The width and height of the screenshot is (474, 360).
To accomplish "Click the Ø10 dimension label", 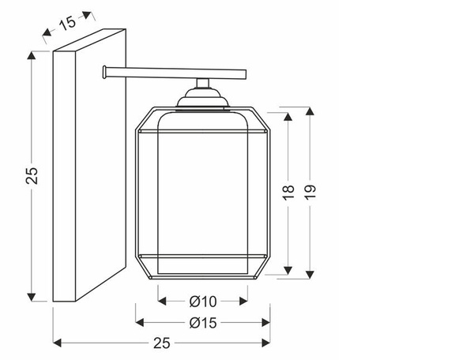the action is (203, 302).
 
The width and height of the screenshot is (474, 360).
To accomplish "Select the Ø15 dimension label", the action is (203, 323).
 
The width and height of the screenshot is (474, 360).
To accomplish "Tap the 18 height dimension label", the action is (288, 193).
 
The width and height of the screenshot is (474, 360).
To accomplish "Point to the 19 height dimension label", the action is (310, 192).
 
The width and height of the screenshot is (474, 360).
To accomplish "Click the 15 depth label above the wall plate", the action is (67, 22).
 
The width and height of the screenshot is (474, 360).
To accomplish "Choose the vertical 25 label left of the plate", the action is (32, 176).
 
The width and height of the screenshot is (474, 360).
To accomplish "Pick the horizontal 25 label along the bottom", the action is (162, 343).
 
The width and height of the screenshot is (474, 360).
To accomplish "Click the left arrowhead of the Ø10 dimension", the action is (162, 301).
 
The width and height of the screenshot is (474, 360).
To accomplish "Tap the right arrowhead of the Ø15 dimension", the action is (266, 323).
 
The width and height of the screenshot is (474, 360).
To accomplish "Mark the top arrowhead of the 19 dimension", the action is (310, 111).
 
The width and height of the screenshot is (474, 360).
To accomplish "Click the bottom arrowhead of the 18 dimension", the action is (288, 270).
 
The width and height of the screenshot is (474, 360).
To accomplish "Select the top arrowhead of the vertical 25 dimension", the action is (32, 55).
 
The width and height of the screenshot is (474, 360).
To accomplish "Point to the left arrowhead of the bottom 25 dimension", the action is (57, 343).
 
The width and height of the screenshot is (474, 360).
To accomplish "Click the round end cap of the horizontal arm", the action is (104, 72).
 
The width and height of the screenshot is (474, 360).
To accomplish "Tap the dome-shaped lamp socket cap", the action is (202, 98).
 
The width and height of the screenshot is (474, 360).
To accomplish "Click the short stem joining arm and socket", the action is (202, 83).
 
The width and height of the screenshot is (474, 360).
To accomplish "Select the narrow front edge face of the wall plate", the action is (64, 176).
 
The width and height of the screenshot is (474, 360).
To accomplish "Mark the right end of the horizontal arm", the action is (246, 74).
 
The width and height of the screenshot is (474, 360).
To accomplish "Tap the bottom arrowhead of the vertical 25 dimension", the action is (32, 297).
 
